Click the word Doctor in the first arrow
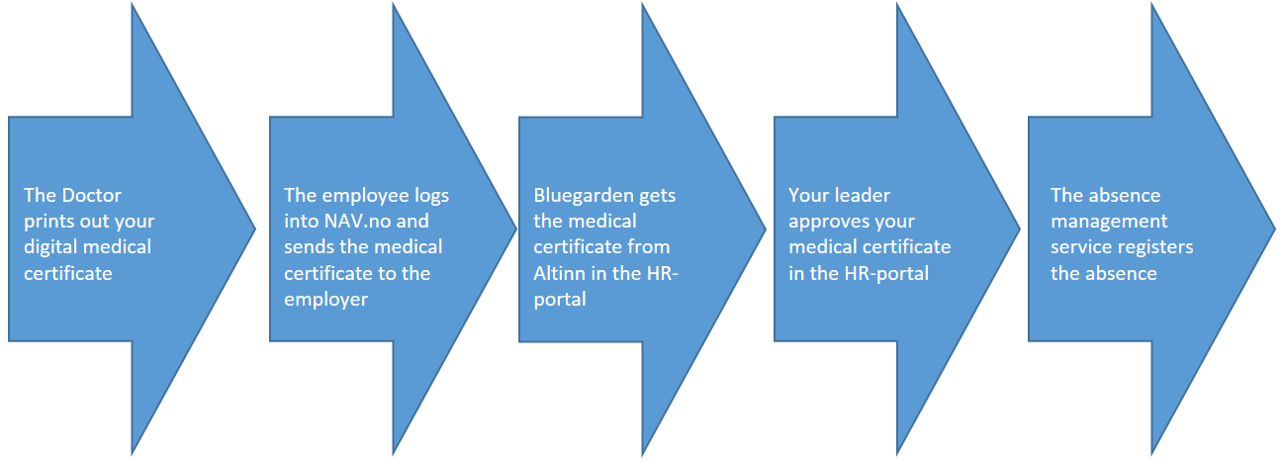(92, 195)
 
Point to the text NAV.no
(356, 221)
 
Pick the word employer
(325, 300)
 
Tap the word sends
(309, 246)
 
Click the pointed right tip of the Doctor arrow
(255, 230)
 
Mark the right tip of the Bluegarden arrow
(766, 230)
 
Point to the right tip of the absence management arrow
(1274, 230)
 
